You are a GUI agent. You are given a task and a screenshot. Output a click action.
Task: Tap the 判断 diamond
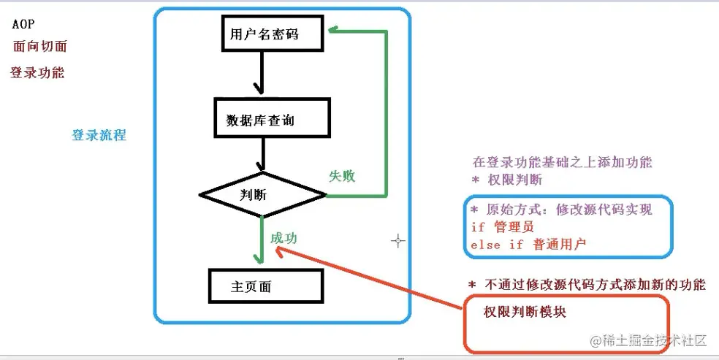262,195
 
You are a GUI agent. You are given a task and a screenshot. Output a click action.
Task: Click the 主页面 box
265,286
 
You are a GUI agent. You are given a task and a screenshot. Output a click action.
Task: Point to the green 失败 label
341,176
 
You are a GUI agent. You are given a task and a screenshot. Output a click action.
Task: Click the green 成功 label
284,238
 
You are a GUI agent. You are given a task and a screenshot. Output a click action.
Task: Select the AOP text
24,24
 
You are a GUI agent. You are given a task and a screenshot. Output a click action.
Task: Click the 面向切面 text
40,46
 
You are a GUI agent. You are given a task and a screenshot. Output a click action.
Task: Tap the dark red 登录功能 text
37,72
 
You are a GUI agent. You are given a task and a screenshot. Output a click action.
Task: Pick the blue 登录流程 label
99,135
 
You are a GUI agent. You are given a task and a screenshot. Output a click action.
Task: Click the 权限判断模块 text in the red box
525,312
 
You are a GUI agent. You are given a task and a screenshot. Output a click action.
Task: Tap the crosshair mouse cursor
397,240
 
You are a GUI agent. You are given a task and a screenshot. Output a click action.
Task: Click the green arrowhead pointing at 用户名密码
334,31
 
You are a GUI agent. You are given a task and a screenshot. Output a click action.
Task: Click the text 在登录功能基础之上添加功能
562,162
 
